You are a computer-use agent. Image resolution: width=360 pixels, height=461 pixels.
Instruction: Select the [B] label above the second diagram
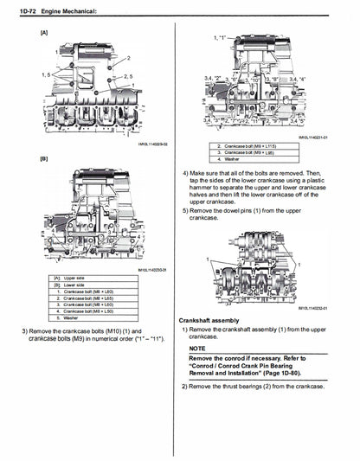coord(43,159)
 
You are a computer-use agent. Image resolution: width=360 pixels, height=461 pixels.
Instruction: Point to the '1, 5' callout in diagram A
coord(48,76)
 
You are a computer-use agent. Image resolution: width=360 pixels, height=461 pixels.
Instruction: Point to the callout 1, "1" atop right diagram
coord(222,39)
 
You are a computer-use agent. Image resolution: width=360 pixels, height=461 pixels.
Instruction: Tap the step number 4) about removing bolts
coord(185,172)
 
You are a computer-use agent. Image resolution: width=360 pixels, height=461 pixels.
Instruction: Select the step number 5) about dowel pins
coord(185,209)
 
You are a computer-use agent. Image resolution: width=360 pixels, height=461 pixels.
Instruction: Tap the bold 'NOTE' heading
coord(198,347)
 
